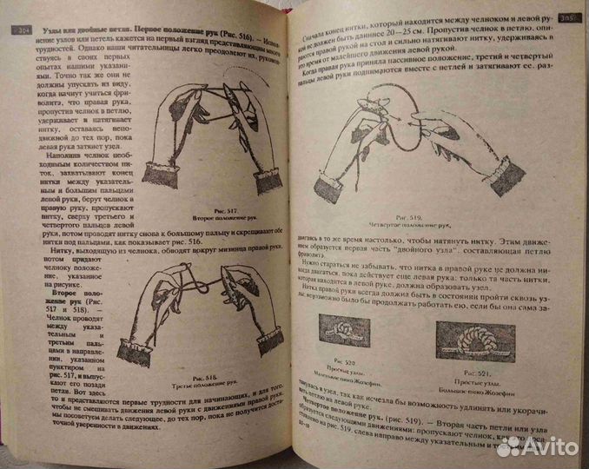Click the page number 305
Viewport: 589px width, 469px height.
coord(569,17)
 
